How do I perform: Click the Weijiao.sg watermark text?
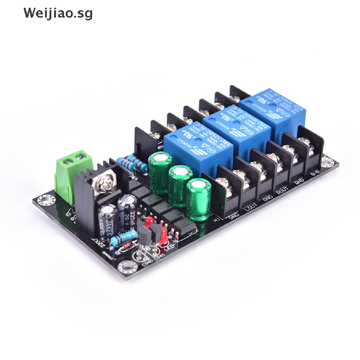[58, 13]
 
